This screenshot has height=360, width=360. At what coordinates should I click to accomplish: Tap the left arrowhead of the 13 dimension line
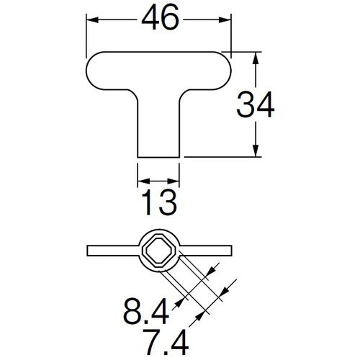coord(141,180)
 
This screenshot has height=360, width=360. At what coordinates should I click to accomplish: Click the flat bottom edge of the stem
coord(158,157)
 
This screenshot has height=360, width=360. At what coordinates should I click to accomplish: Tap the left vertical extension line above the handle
coord(87,32)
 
